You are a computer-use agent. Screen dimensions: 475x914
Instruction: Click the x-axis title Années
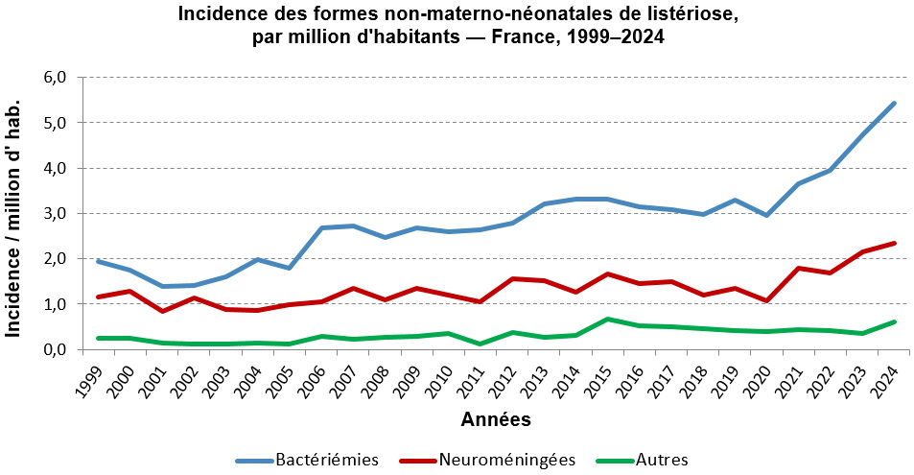point(496,419)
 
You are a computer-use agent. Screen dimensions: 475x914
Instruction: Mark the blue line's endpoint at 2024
point(894,103)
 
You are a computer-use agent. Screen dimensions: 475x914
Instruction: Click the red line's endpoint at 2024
point(894,243)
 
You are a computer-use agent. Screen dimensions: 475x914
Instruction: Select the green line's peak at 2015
point(607,319)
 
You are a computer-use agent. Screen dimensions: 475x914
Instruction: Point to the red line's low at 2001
point(162,311)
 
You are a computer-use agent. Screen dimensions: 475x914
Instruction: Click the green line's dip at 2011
point(480,344)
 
